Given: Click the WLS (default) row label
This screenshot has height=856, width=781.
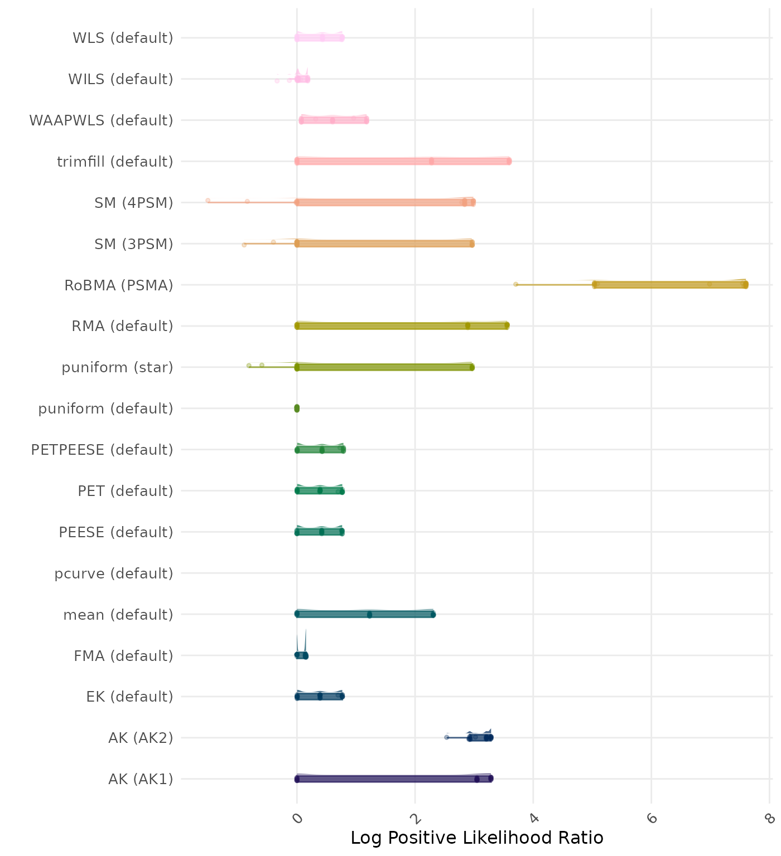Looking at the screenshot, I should click(x=123, y=38).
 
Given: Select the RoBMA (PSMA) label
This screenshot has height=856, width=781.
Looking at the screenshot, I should click(x=118, y=285).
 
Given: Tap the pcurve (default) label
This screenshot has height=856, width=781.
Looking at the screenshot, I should click(x=114, y=573).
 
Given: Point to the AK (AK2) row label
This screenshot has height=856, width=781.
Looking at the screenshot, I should click(x=141, y=738).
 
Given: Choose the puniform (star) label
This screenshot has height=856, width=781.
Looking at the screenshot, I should click(x=117, y=367).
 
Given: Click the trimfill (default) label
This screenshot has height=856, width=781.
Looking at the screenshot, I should click(x=115, y=162).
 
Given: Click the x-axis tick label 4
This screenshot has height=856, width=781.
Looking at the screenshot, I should click(x=534, y=818).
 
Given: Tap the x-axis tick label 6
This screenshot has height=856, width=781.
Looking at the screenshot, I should click(x=652, y=818).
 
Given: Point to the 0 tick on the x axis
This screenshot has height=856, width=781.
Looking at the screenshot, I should click(x=297, y=818).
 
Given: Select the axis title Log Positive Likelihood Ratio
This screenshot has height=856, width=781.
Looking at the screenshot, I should click(x=476, y=838).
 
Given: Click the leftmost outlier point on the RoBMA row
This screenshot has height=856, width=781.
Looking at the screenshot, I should click(x=515, y=284).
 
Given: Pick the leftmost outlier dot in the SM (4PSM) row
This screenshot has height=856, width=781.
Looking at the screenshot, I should click(x=208, y=200).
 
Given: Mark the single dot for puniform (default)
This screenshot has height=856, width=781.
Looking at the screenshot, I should click(x=297, y=408).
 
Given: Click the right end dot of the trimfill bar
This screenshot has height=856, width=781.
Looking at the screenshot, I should click(x=509, y=161).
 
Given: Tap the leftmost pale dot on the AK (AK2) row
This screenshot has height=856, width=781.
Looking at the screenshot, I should click(x=446, y=737).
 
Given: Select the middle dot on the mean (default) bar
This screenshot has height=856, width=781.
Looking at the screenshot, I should click(x=369, y=615).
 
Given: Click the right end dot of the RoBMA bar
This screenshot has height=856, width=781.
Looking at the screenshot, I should click(x=745, y=285).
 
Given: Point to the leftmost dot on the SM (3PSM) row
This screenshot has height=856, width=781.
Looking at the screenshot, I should click(x=244, y=245).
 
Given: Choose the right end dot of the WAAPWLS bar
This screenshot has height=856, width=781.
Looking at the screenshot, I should click(x=367, y=120).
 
